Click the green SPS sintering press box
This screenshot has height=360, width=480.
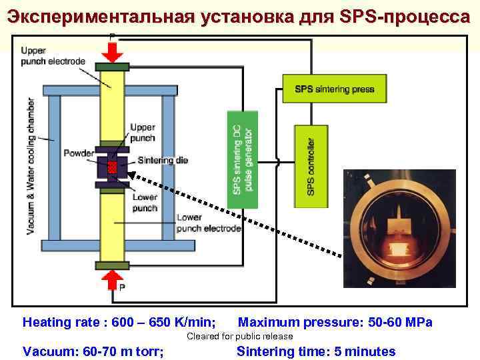click(x=334, y=89)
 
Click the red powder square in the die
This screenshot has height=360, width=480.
click(x=113, y=165)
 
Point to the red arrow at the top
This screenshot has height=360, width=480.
click(x=111, y=49)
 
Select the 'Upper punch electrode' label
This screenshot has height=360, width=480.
click(x=53, y=56)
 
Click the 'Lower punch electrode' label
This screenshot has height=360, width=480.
click(x=209, y=223)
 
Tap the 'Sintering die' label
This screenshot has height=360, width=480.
click(x=163, y=160)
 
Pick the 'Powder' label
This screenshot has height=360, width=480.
click(x=79, y=154)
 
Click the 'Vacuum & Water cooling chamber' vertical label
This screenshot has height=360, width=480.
click(x=31, y=167)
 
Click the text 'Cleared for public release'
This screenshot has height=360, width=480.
click(x=239, y=336)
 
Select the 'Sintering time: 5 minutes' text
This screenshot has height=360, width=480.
click(x=316, y=351)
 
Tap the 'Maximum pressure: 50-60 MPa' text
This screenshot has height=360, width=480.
click(x=335, y=323)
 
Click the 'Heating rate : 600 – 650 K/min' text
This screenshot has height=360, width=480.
click(x=119, y=323)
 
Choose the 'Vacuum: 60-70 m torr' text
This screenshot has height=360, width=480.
click(x=94, y=351)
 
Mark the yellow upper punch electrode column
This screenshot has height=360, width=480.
click(x=112, y=107)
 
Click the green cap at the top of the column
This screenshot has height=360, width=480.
click(x=112, y=67)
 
